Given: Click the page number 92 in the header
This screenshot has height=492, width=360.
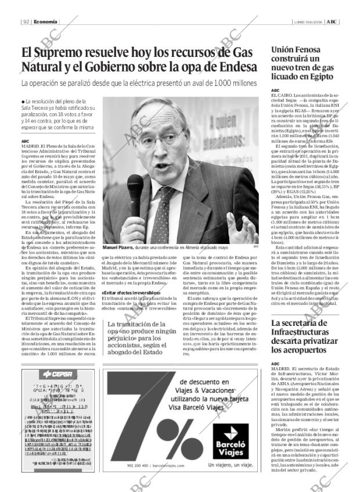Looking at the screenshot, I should tap(27, 22).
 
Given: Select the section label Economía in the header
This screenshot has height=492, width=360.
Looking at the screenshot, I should tap(45, 22).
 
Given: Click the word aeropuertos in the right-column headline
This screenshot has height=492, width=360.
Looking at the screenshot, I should tap(297, 350).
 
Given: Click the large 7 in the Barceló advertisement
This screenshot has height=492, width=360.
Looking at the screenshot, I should tap(131, 412).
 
